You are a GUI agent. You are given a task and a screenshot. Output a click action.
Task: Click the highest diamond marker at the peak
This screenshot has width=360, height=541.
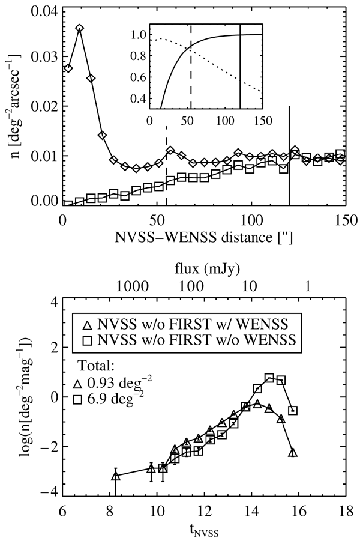tap(79, 28)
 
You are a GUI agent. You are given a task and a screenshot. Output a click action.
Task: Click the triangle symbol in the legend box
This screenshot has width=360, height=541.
tap(86, 325)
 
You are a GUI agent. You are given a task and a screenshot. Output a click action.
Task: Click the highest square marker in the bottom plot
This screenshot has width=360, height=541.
tap(269, 378)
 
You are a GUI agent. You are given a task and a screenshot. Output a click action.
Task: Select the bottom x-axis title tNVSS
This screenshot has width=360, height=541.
tap(204, 530)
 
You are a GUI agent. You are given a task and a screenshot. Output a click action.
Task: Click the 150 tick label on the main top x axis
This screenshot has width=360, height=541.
tap(345, 219)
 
